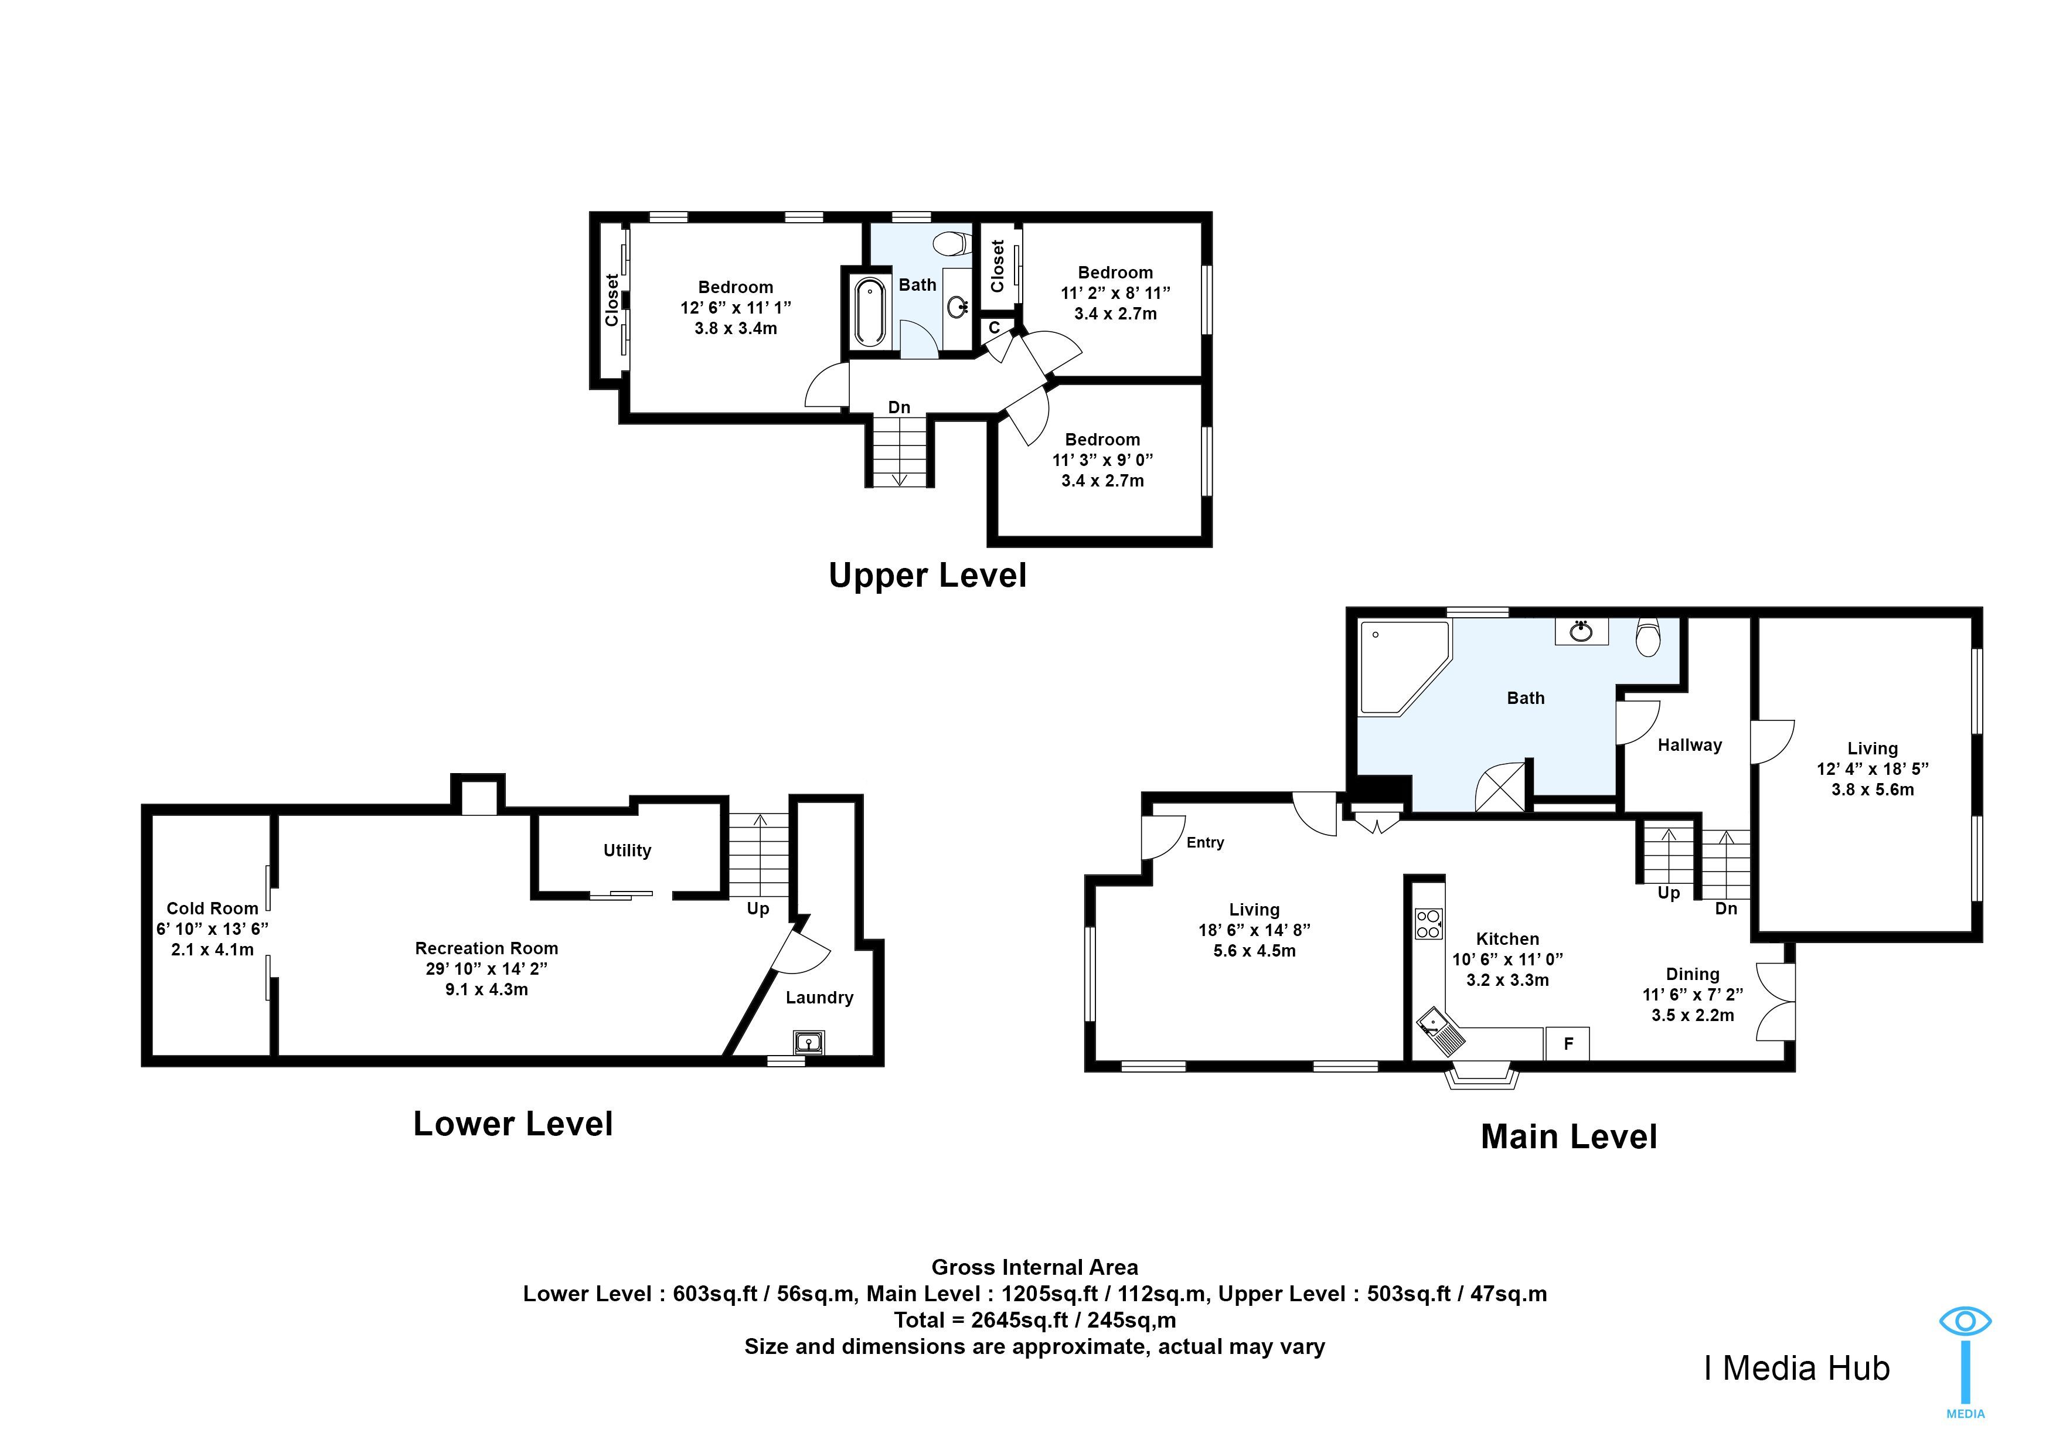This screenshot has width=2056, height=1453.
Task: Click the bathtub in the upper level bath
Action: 869,312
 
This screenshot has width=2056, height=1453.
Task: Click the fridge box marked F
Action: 1567,1043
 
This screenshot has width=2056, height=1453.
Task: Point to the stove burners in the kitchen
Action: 1429,924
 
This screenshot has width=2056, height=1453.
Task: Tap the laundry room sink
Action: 809,1041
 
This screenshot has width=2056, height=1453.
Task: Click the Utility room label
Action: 627,850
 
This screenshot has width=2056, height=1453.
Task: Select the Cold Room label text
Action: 212,908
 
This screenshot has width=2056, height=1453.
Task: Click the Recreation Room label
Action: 486,948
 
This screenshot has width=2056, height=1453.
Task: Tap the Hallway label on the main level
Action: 1690,745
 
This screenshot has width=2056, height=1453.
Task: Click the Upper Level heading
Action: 928,575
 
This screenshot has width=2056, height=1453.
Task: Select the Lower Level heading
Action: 513,1124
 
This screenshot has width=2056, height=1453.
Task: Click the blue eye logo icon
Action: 1966,1321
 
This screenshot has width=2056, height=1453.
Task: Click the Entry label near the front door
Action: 1206,842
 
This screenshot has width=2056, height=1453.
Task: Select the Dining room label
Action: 1693,974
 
